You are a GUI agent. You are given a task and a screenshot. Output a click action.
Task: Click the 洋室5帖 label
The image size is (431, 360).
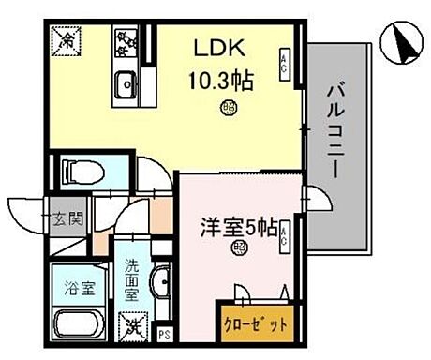[x=235, y=227]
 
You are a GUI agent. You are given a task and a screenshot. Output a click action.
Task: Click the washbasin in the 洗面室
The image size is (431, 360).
[x=160, y=285]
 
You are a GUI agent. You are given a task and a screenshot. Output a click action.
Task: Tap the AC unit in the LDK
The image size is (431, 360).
[x=284, y=63]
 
